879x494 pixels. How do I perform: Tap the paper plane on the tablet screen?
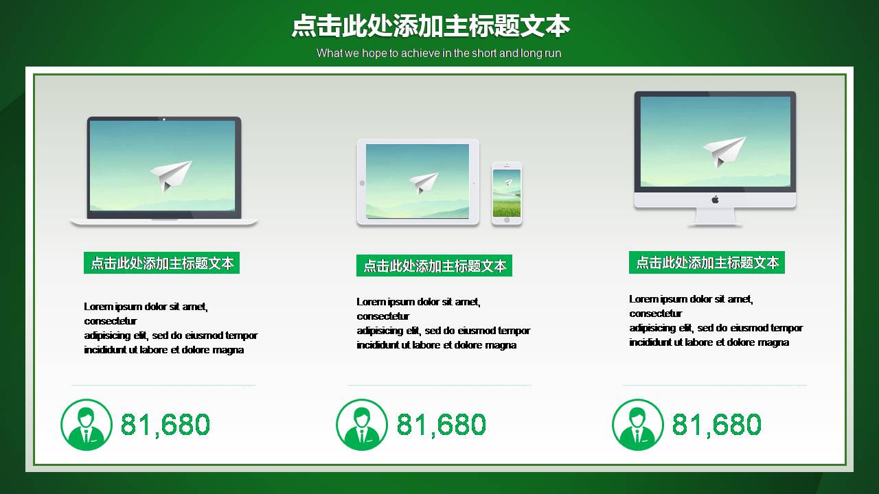(x=424, y=183)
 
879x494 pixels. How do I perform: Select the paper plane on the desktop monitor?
(x=724, y=151)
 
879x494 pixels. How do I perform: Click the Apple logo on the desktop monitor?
(x=715, y=200)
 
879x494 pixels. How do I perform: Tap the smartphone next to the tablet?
(x=507, y=193)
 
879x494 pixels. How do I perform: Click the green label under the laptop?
(x=161, y=263)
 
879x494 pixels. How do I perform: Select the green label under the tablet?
(x=434, y=266)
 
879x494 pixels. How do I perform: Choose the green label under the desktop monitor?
(x=707, y=262)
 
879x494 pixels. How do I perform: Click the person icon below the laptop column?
(x=87, y=425)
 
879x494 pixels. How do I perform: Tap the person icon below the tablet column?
(x=362, y=425)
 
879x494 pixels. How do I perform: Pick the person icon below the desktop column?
(x=638, y=425)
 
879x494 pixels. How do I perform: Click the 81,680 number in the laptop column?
(x=165, y=425)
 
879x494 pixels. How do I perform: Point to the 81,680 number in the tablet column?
(x=442, y=425)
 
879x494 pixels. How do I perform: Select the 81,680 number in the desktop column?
(x=717, y=425)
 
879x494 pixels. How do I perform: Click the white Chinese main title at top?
(x=431, y=26)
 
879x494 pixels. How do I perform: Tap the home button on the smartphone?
(x=507, y=220)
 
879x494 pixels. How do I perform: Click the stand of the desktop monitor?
(x=715, y=216)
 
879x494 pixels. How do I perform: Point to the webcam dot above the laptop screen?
(x=164, y=119)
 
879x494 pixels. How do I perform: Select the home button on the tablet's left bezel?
(x=362, y=183)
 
